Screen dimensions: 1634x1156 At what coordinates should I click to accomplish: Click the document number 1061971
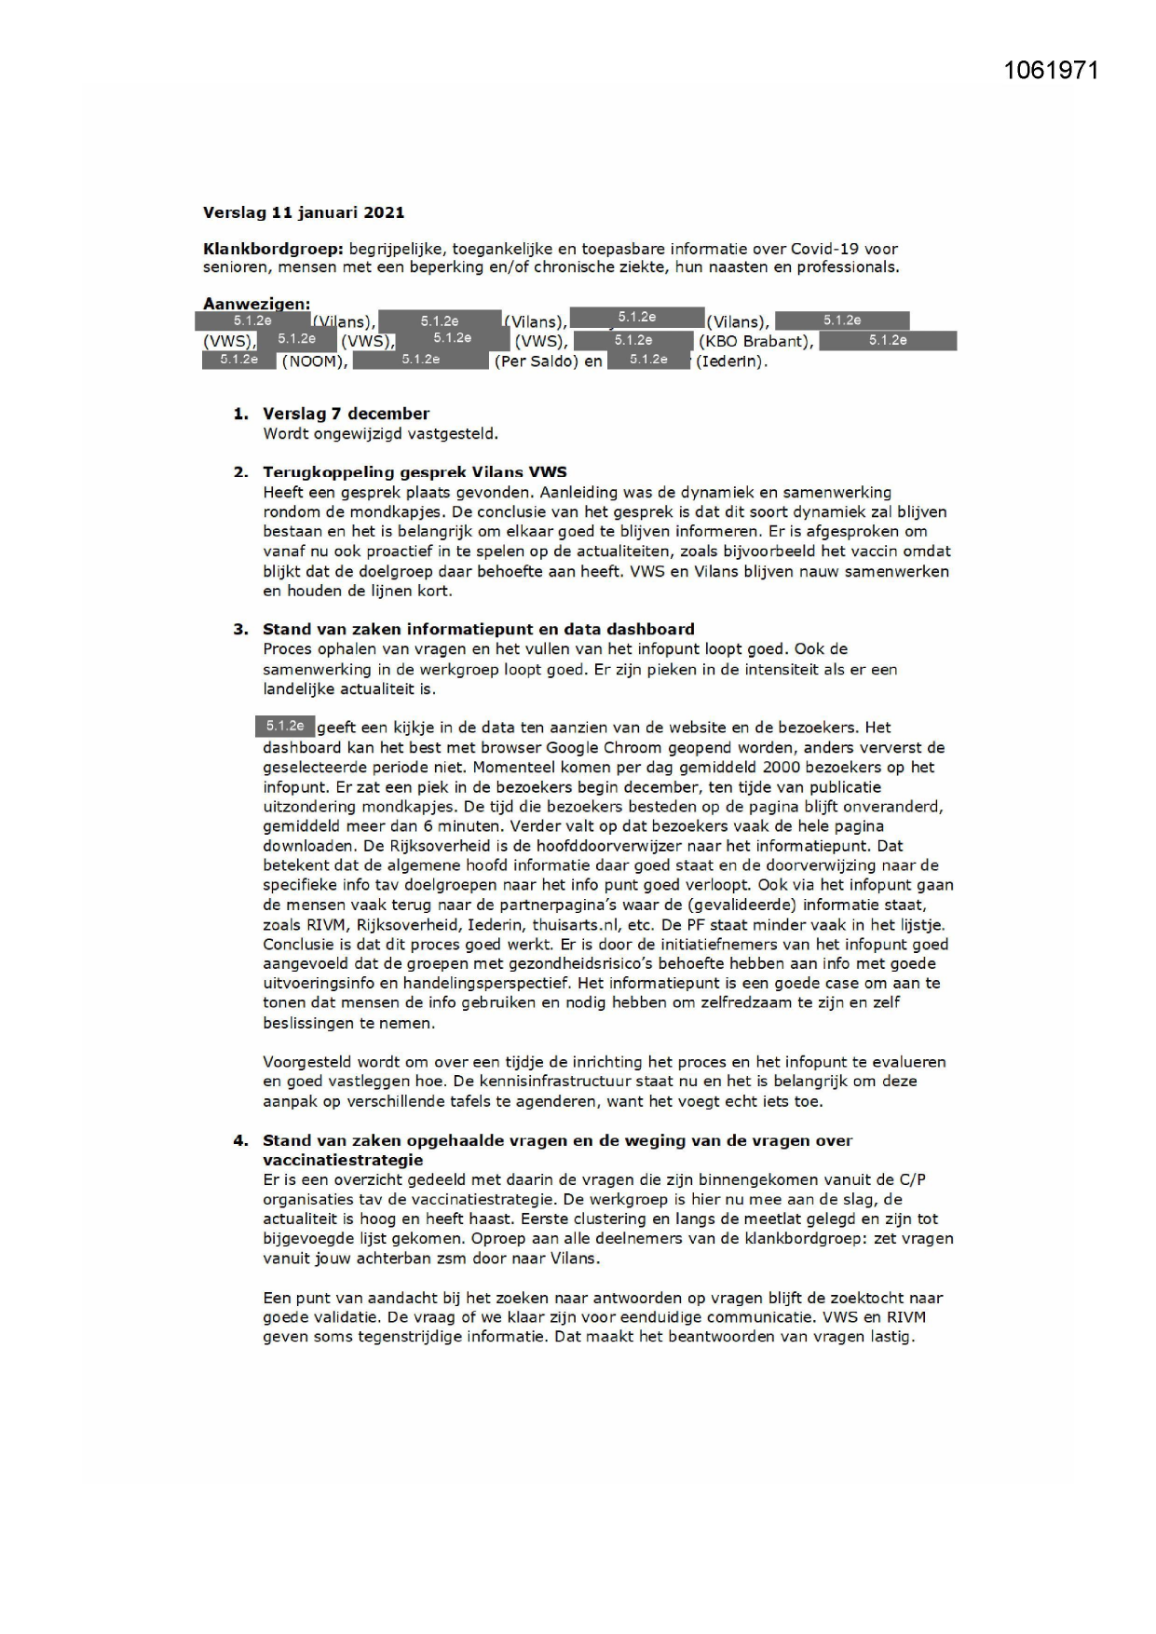tap(1052, 71)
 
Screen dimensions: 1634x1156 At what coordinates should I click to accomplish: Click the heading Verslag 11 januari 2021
tap(304, 212)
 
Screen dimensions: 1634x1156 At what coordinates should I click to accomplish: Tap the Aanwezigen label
tap(256, 304)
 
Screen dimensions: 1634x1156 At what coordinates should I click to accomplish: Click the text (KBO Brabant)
tap(755, 341)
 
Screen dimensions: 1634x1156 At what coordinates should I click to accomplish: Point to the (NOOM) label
tap(315, 361)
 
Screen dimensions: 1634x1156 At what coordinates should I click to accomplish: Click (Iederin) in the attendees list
tap(731, 361)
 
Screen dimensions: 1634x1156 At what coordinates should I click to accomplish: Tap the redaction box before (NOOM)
tap(239, 360)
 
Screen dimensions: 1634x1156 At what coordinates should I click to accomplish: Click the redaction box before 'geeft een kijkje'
tap(285, 726)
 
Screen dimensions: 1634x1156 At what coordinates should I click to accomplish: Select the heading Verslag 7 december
tap(346, 414)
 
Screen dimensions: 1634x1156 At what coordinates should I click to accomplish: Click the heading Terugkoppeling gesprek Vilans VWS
tap(415, 472)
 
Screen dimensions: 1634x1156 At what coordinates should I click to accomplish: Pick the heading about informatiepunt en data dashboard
tap(478, 629)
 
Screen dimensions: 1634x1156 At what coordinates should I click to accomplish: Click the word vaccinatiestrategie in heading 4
tap(343, 1160)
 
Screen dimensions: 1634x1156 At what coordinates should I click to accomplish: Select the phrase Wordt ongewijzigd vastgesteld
tap(380, 433)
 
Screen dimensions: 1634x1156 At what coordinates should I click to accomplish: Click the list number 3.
tap(240, 629)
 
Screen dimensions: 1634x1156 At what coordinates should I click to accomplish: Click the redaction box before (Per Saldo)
tap(421, 360)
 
